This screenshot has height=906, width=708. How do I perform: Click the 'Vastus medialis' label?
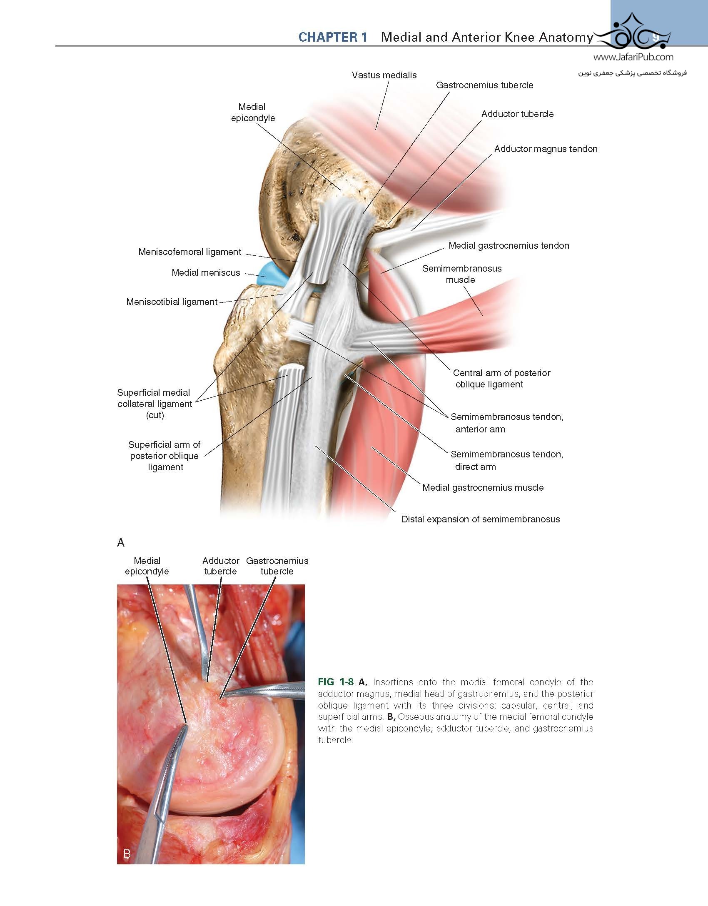[x=384, y=75]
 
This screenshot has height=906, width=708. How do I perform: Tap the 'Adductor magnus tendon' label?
[x=546, y=149]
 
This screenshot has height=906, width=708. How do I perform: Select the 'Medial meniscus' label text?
[x=206, y=272]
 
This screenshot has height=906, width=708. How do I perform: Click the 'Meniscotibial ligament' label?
[x=172, y=302]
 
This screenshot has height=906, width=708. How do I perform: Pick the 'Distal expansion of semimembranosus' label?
[x=481, y=519]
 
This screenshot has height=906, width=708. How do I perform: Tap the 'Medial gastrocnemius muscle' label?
[x=483, y=487]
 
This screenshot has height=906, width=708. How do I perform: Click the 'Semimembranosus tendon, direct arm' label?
[x=507, y=460]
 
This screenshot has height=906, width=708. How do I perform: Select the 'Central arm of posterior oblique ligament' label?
[x=501, y=379]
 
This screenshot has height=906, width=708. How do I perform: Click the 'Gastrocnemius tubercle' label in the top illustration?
[x=484, y=85]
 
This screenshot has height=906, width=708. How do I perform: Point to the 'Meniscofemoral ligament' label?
[x=189, y=252]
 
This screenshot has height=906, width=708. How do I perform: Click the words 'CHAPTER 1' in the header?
[x=333, y=37]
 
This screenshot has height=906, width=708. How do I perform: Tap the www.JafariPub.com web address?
[x=633, y=57]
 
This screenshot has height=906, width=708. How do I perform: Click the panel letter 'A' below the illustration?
[x=121, y=542]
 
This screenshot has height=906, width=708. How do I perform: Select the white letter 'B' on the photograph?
[x=127, y=854]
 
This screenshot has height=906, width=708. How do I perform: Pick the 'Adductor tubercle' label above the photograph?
[x=221, y=566]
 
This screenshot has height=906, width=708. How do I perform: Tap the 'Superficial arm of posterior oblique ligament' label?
[x=165, y=456]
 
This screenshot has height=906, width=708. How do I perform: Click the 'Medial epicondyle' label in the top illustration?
[x=253, y=112]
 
